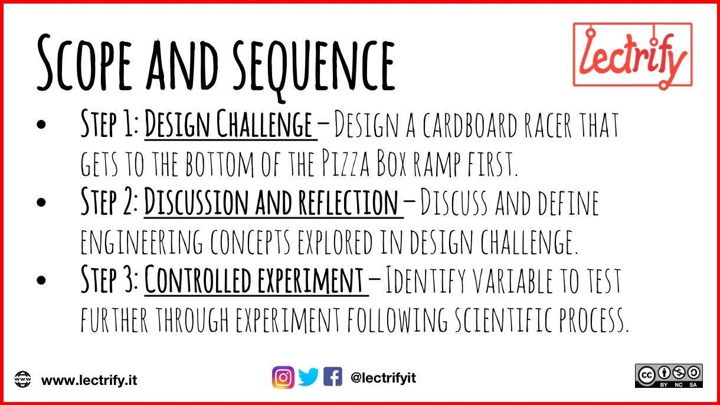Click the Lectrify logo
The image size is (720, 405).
click(632, 55)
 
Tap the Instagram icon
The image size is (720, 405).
click(283, 377)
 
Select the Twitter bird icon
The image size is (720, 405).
click(308, 377)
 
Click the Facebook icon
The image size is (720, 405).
click(332, 377)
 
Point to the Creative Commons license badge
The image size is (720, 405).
click(669, 375)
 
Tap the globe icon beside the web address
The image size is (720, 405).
click(23, 379)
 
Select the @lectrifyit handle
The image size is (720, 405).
click(383, 378)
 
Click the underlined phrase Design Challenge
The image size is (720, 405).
click(228, 125)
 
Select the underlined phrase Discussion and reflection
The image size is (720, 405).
click(271, 203)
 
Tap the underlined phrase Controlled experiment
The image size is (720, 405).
click(254, 280)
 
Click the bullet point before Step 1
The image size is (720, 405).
click(41, 125)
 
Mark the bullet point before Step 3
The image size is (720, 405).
click(41, 281)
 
